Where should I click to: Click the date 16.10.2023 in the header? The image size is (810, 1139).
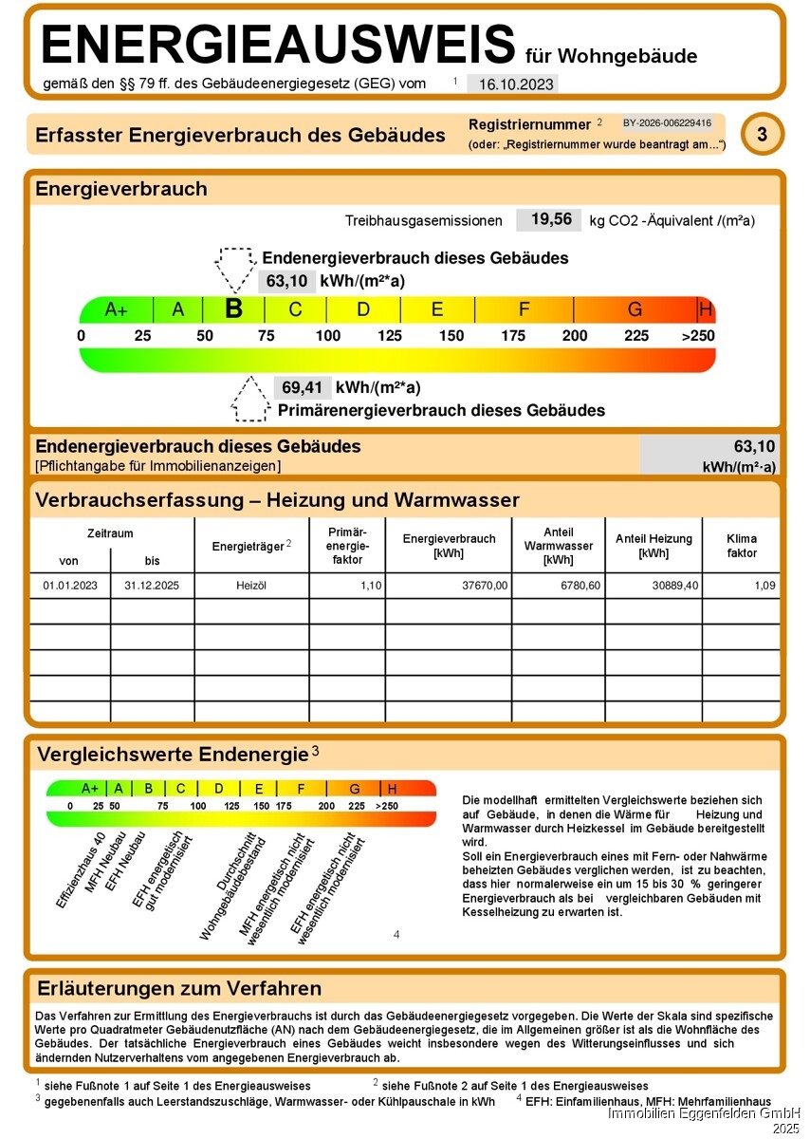pyautogui.click(x=516, y=84)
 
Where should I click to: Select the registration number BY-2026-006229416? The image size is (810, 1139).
pyautogui.click(x=667, y=123)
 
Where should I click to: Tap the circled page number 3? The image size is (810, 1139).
pyautogui.click(x=762, y=135)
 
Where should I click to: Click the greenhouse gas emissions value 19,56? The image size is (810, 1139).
pyautogui.click(x=550, y=220)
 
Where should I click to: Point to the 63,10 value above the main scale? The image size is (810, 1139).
pyautogui.click(x=285, y=281)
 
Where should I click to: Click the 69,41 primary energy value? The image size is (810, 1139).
pyautogui.click(x=302, y=387)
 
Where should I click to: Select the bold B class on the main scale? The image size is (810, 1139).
pyautogui.click(x=233, y=308)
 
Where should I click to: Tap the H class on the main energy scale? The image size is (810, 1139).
pyautogui.click(x=705, y=309)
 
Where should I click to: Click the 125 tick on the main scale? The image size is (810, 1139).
pyautogui.click(x=390, y=336)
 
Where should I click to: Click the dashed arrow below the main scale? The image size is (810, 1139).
pyautogui.click(x=249, y=400)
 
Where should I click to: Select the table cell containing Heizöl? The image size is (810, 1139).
pyautogui.click(x=251, y=586)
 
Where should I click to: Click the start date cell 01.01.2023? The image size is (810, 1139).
pyautogui.click(x=69, y=586)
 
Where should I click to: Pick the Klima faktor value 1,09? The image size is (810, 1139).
pyautogui.click(x=764, y=586)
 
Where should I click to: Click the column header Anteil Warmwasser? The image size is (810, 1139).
pyautogui.click(x=558, y=546)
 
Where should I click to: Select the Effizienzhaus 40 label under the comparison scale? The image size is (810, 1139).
pyautogui.click(x=81, y=870)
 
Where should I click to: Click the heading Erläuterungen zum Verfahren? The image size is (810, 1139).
pyautogui.click(x=178, y=989)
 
